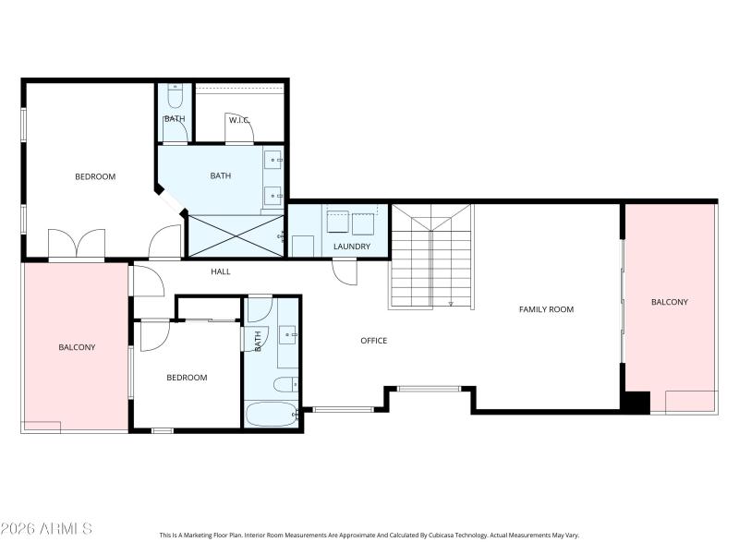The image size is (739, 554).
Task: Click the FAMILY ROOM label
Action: point(546,309)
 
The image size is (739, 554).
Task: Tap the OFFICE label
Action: point(373,341)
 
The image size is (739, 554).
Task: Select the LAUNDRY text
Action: point(352,247)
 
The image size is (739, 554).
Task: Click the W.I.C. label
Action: point(239,119)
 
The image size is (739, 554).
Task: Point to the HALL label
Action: point(220,271)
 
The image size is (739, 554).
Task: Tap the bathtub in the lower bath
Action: point(271,414)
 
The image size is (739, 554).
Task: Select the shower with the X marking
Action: point(236,235)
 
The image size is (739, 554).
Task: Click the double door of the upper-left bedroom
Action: point(78,245)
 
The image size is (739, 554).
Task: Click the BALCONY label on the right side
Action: point(669,302)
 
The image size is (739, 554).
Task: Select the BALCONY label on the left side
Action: point(77,347)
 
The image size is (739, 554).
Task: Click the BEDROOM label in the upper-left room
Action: point(95,176)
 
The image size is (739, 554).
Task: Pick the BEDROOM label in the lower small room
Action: point(187,377)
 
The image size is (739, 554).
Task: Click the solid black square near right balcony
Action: point(636,403)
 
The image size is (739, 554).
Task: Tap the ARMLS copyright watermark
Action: point(46,529)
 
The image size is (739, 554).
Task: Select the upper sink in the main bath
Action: point(274,161)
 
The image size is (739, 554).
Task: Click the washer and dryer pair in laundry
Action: point(351,223)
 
